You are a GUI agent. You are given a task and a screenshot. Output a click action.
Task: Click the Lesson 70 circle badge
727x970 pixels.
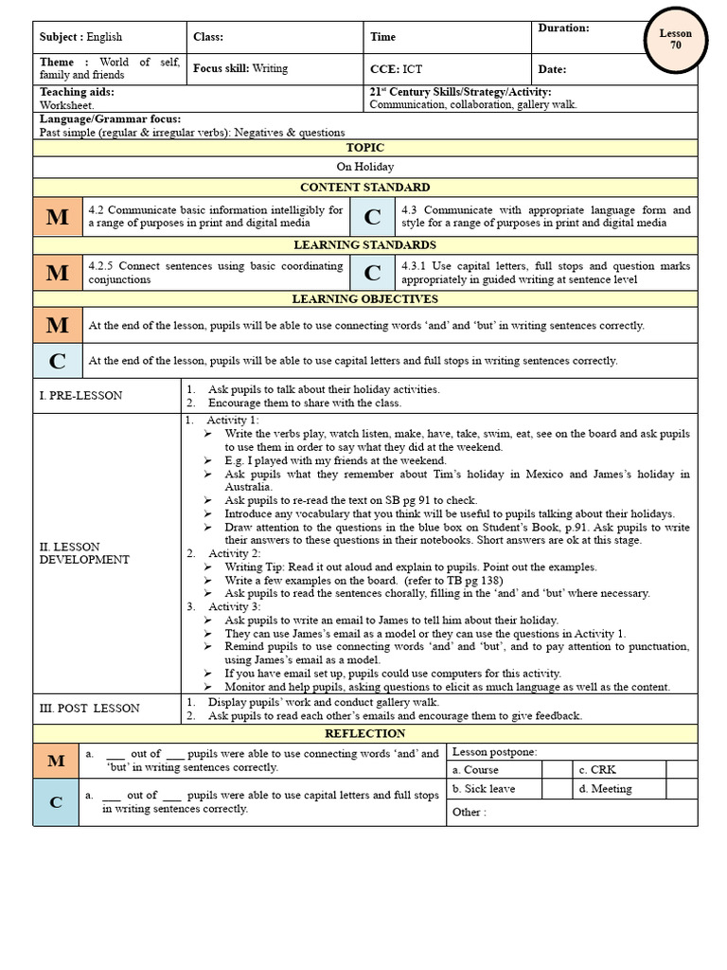675,39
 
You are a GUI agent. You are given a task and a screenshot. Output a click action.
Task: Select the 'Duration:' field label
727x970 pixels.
563,28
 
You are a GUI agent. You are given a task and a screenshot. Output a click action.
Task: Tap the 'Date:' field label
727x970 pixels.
552,69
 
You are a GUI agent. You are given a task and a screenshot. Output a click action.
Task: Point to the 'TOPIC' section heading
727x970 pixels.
364,148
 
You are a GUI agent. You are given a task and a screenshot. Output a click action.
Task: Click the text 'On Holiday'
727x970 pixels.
364,167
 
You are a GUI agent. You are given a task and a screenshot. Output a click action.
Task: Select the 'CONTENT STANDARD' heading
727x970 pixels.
364,188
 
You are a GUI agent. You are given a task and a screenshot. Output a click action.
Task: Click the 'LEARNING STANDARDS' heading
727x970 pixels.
364,244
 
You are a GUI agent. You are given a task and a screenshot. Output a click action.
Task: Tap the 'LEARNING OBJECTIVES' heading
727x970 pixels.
364,299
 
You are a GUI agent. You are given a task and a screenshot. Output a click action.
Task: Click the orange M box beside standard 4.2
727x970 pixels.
58,217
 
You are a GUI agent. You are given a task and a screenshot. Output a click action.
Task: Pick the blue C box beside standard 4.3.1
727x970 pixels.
373,273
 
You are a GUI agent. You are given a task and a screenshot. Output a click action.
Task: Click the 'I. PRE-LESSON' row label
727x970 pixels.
80,395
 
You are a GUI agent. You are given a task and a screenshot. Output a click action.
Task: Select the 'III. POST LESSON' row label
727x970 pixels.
89,708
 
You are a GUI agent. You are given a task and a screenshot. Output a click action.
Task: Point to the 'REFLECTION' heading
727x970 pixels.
364,734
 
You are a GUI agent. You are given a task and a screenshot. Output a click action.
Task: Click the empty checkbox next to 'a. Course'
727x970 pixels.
557,770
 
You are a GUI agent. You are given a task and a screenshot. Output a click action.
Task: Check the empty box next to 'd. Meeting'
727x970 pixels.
681,788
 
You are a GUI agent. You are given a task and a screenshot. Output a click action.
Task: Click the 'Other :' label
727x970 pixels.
469,812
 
